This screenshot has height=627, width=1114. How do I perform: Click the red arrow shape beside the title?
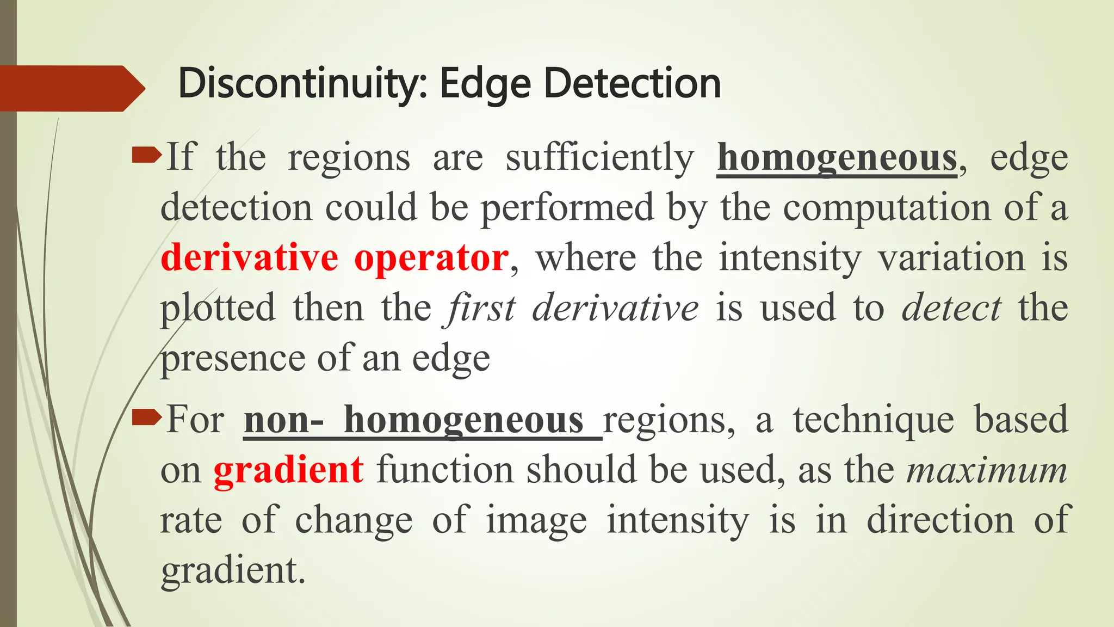(71, 88)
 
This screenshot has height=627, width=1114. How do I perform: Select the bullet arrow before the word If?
(146, 157)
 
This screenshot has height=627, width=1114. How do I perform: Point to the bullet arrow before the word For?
(146, 419)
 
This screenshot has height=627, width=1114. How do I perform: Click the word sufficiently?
(600, 158)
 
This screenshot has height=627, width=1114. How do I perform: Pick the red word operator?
(431, 257)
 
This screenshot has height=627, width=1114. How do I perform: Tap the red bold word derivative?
(250, 257)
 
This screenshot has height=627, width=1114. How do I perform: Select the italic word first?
(479, 308)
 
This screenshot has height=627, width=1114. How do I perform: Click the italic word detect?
(951, 308)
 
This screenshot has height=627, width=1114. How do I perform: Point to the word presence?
(233, 359)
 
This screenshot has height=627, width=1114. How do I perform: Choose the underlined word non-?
(283, 420)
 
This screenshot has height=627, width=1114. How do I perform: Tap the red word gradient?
(288, 470)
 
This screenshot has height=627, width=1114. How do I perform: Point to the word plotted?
(218, 308)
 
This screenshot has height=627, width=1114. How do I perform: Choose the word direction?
(940, 520)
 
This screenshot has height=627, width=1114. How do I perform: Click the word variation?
(951, 257)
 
